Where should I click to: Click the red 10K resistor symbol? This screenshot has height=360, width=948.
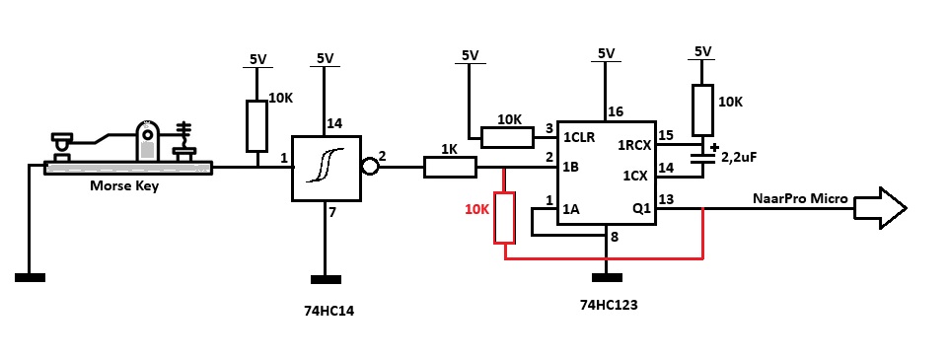(504, 217)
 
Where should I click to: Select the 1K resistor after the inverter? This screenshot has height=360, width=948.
(450, 167)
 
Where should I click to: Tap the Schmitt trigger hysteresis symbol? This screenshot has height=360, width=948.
(326, 165)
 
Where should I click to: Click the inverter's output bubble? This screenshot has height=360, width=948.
(369, 167)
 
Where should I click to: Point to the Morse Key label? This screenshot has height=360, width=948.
(124, 186)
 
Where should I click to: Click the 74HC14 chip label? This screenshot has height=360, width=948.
(328, 312)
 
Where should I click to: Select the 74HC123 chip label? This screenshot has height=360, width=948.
(609, 305)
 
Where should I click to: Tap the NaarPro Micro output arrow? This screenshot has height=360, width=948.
(880, 208)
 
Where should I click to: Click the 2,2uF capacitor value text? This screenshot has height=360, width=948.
(739, 157)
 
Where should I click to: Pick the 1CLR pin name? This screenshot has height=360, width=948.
(579, 137)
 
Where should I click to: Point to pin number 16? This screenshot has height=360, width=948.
(617, 111)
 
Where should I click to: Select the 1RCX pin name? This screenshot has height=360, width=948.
(633, 145)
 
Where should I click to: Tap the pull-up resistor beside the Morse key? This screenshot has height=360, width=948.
(256, 126)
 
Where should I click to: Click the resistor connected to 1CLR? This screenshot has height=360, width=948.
(508, 137)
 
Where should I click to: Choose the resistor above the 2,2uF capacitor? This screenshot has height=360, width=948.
(702, 110)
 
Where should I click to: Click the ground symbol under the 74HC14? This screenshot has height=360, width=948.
(326, 280)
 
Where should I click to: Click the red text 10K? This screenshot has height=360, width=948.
(476, 210)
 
